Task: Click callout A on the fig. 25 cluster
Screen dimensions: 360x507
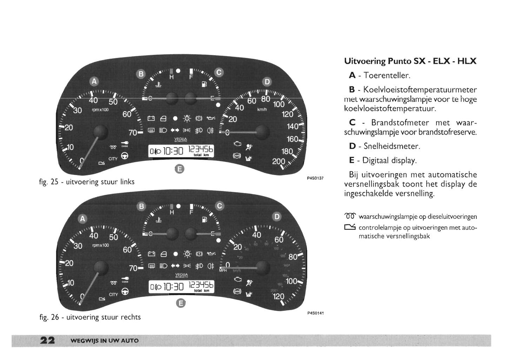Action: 94,81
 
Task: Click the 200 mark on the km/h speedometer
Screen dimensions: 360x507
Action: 279,162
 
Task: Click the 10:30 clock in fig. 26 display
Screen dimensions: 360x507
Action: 174,287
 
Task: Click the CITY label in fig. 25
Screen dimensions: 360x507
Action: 113,159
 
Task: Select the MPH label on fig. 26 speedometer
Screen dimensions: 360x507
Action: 223,271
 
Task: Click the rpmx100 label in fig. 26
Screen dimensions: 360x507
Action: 100,245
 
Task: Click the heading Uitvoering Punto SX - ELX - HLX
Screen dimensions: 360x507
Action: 410,61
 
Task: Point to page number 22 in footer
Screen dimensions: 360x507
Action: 47,340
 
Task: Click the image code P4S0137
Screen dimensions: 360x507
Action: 315,178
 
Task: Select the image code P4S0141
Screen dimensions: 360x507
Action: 315,313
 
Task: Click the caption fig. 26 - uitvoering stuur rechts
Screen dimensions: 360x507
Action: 90,317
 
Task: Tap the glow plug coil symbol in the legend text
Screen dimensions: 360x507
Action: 350,216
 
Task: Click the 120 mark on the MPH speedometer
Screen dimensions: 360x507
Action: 279,296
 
